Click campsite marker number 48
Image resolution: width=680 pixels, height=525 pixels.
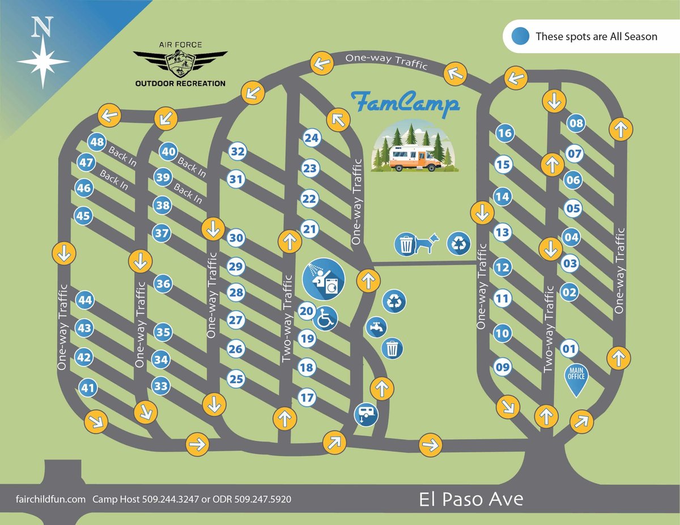pos(97,142)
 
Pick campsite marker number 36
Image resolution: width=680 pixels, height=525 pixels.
pos(163,284)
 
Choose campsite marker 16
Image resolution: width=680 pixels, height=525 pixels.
pos(504,134)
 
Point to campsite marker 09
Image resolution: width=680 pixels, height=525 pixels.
pos(503,368)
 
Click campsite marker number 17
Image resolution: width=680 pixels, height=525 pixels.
pos(307,398)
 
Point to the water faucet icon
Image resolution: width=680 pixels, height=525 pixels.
pos(376,327)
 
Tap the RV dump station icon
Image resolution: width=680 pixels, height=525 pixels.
pos(365,414)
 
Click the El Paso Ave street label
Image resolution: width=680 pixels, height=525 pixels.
pos(471,500)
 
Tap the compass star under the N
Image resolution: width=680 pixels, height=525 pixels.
pos(42,61)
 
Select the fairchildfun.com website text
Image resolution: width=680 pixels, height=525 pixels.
pos(50,500)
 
